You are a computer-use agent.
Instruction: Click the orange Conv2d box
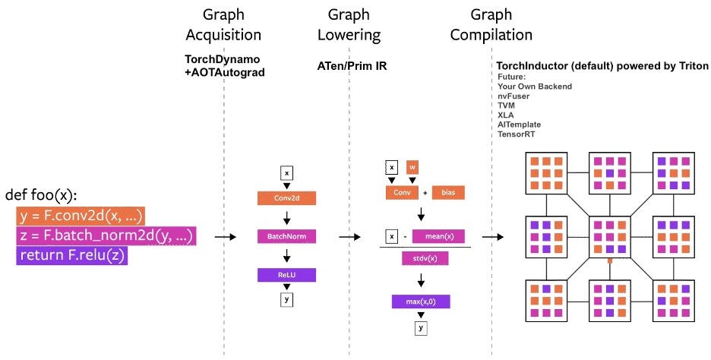(x=287, y=198)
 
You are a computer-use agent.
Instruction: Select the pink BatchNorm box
(x=287, y=237)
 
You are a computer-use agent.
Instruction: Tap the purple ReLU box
(x=287, y=275)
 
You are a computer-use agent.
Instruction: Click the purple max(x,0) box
(x=421, y=302)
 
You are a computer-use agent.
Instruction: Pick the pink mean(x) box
(x=438, y=236)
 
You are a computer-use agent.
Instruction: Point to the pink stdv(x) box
(x=425, y=258)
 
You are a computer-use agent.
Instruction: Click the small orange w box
(x=412, y=167)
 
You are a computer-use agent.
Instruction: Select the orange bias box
(x=449, y=193)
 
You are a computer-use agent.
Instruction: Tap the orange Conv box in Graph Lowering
(x=401, y=193)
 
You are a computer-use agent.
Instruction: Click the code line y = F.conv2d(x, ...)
(x=81, y=215)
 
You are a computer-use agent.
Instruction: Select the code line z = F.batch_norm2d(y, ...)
(x=106, y=236)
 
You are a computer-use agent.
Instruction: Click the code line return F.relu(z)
(x=72, y=257)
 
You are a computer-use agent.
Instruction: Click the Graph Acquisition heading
(x=224, y=24)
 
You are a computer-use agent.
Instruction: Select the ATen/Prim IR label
(x=352, y=66)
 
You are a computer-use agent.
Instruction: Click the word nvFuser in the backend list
(x=514, y=96)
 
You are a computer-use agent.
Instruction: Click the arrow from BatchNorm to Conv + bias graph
(x=349, y=237)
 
